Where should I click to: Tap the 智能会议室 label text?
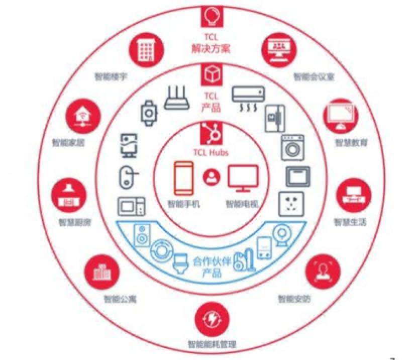pyautogui.click(x=314, y=77)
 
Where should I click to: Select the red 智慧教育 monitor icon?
pyautogui.click(x=340, y=115)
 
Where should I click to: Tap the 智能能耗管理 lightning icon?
pyautogui.click(x=211, y=319)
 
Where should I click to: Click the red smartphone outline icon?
pyautogui.click(x=183, y=177)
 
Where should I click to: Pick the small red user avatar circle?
pyautogui.click(x=212, y=177)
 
